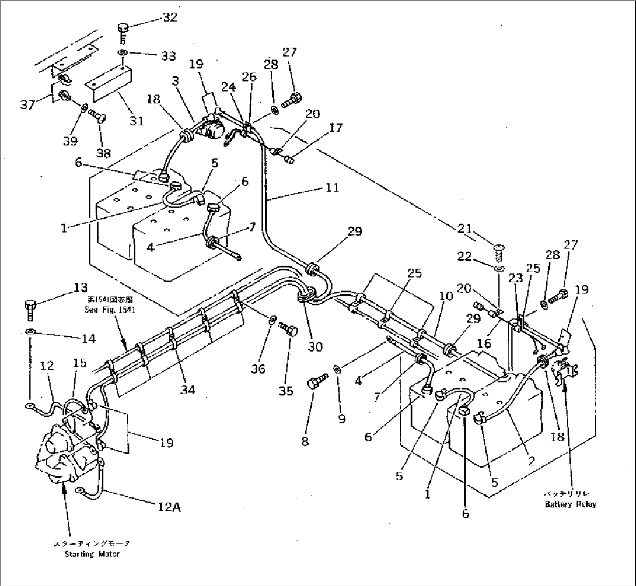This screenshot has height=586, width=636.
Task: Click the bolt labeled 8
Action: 314,385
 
